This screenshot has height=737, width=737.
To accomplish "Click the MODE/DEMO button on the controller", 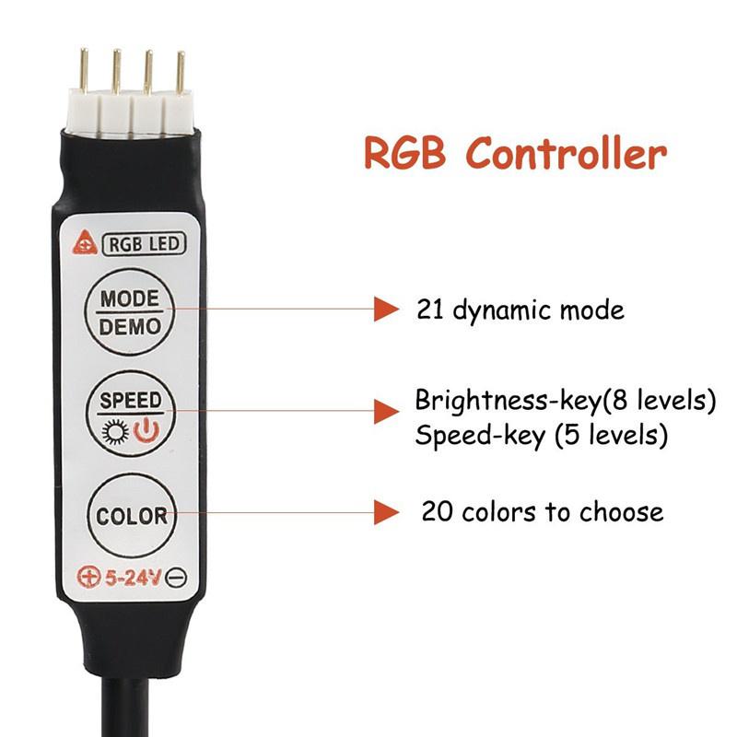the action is click(130, 310).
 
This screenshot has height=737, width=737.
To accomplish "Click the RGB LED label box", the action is click(146, 244).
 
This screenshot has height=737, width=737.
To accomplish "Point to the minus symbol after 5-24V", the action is click(178, 579).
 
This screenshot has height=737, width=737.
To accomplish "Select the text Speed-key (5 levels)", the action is click(541, 435).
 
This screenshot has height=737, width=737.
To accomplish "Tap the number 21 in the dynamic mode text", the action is click(428, 310).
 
